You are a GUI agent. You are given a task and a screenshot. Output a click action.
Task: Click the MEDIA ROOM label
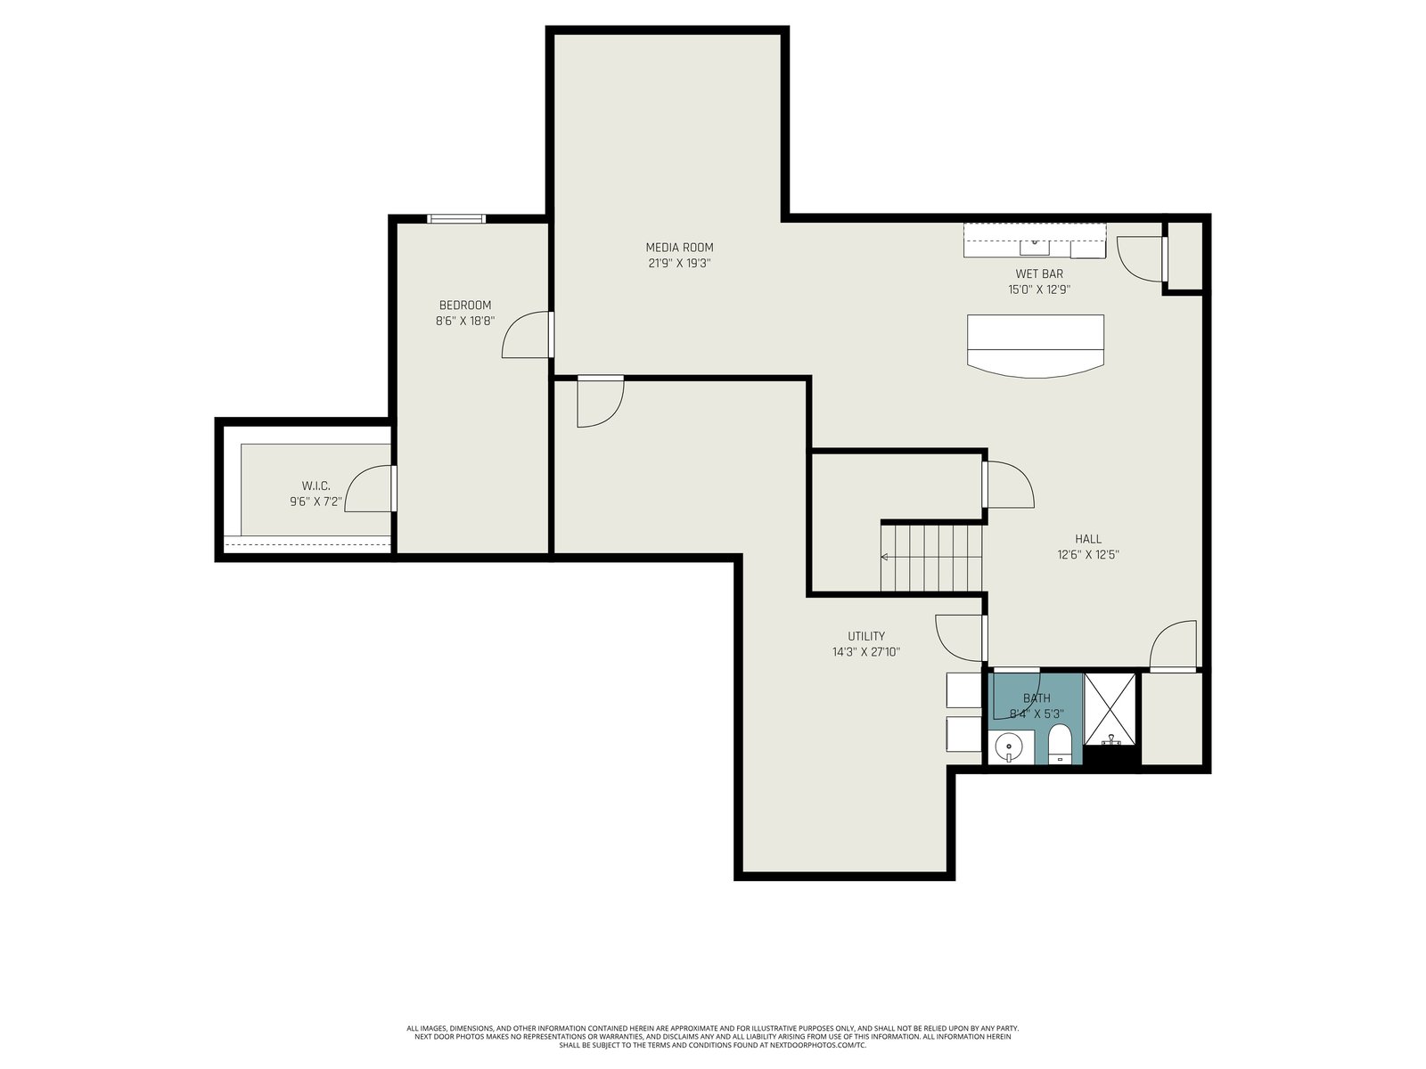[x=679, y=248]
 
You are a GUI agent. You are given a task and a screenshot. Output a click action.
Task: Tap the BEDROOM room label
[x=464, y=305]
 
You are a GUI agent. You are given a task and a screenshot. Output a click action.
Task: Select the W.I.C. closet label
[x=316, y=486]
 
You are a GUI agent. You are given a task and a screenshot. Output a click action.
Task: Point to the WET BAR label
[x=1039, y=273]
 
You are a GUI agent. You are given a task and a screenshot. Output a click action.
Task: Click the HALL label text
[x=1087, y=539]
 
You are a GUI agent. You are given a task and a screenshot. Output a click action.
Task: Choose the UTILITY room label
[x=866, y=636]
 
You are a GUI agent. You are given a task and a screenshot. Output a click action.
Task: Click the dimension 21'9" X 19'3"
[x=679, y=264]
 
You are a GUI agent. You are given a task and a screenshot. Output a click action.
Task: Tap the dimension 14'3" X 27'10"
[x=866, y=652]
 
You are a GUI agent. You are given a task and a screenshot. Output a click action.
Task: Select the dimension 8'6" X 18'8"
[x=464, y=321]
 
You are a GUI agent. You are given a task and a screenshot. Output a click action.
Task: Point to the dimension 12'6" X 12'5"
[x=1087, y=554]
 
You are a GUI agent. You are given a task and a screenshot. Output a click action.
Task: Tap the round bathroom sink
[x=1008, y=747]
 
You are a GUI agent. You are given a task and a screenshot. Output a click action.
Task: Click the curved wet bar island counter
[x=1036, y=346]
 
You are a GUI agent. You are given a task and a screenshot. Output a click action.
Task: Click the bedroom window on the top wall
[x=456, y=219]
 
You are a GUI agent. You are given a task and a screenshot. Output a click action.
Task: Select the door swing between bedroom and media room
[x=526, y=335]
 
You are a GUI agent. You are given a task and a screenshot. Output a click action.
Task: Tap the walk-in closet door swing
[x=369, y=489]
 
